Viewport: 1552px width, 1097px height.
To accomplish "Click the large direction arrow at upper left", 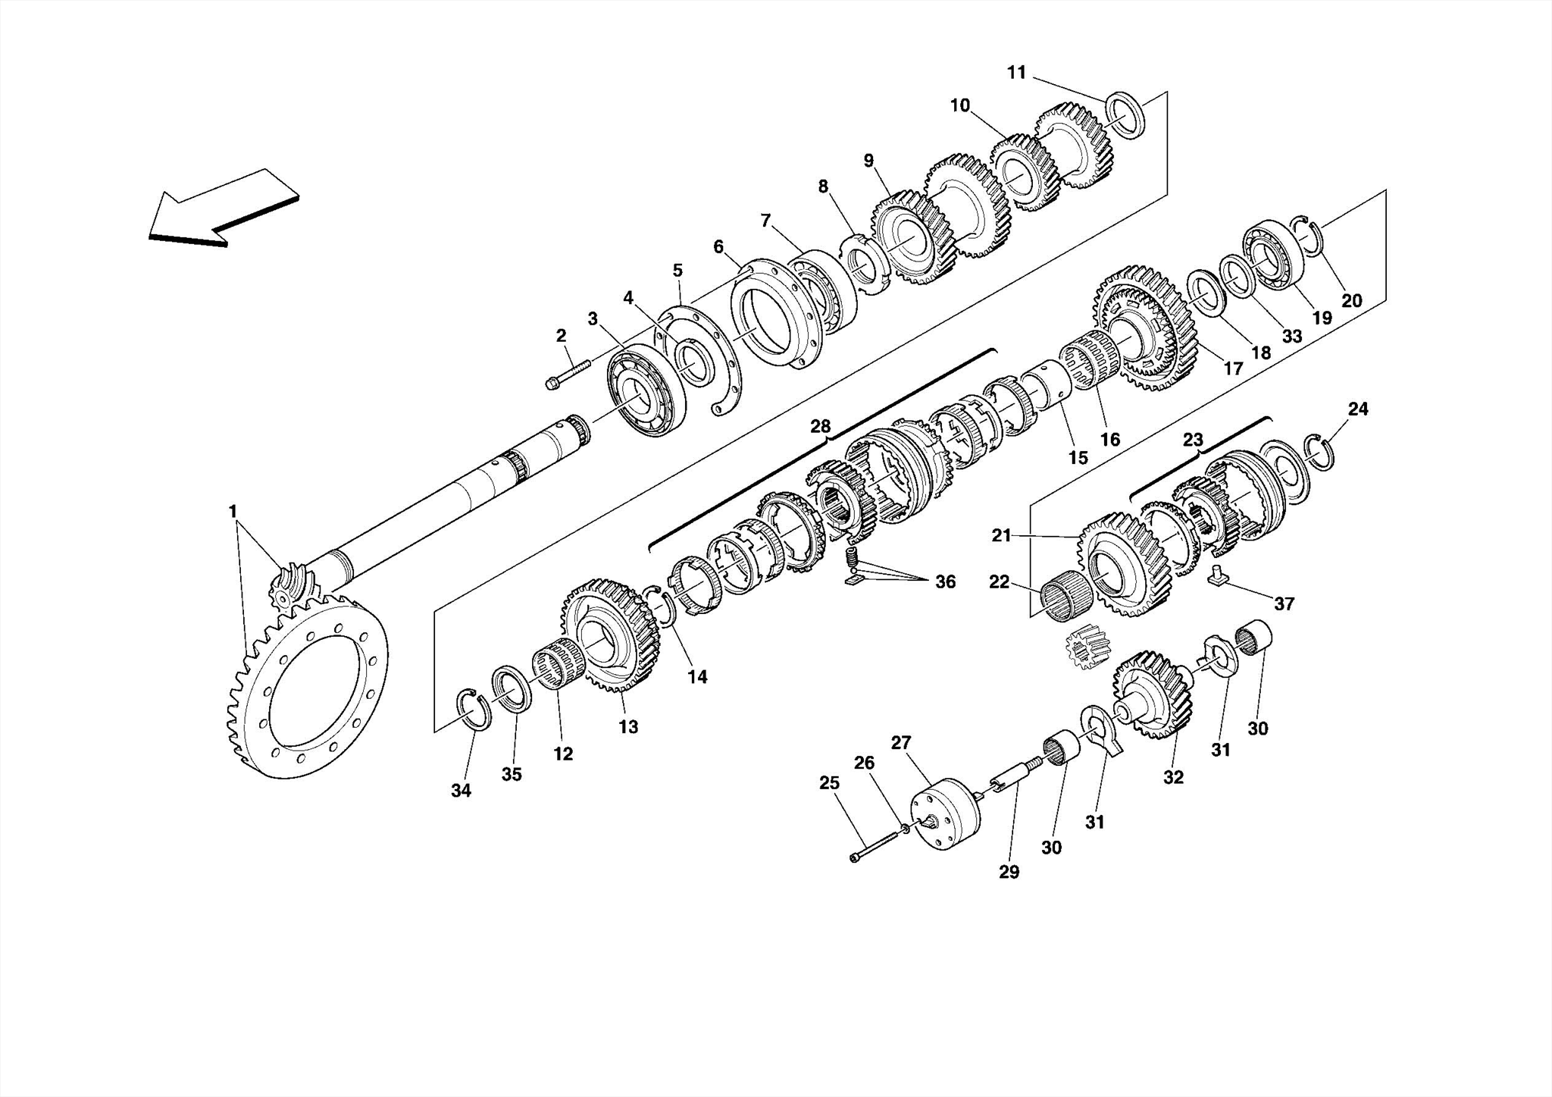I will coord(220,208).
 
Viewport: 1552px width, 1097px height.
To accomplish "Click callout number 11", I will coord(1016,73).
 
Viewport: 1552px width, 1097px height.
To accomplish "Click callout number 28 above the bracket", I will coord(820,426).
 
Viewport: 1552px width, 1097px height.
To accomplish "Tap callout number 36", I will coord(944,581).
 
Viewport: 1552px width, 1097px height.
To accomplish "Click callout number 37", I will coord(1284,603).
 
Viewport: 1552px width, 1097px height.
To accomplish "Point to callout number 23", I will coord(1192,440).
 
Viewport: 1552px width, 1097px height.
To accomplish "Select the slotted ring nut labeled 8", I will coord(863,265).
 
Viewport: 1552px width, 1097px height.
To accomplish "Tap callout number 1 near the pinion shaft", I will coord(233,512).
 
